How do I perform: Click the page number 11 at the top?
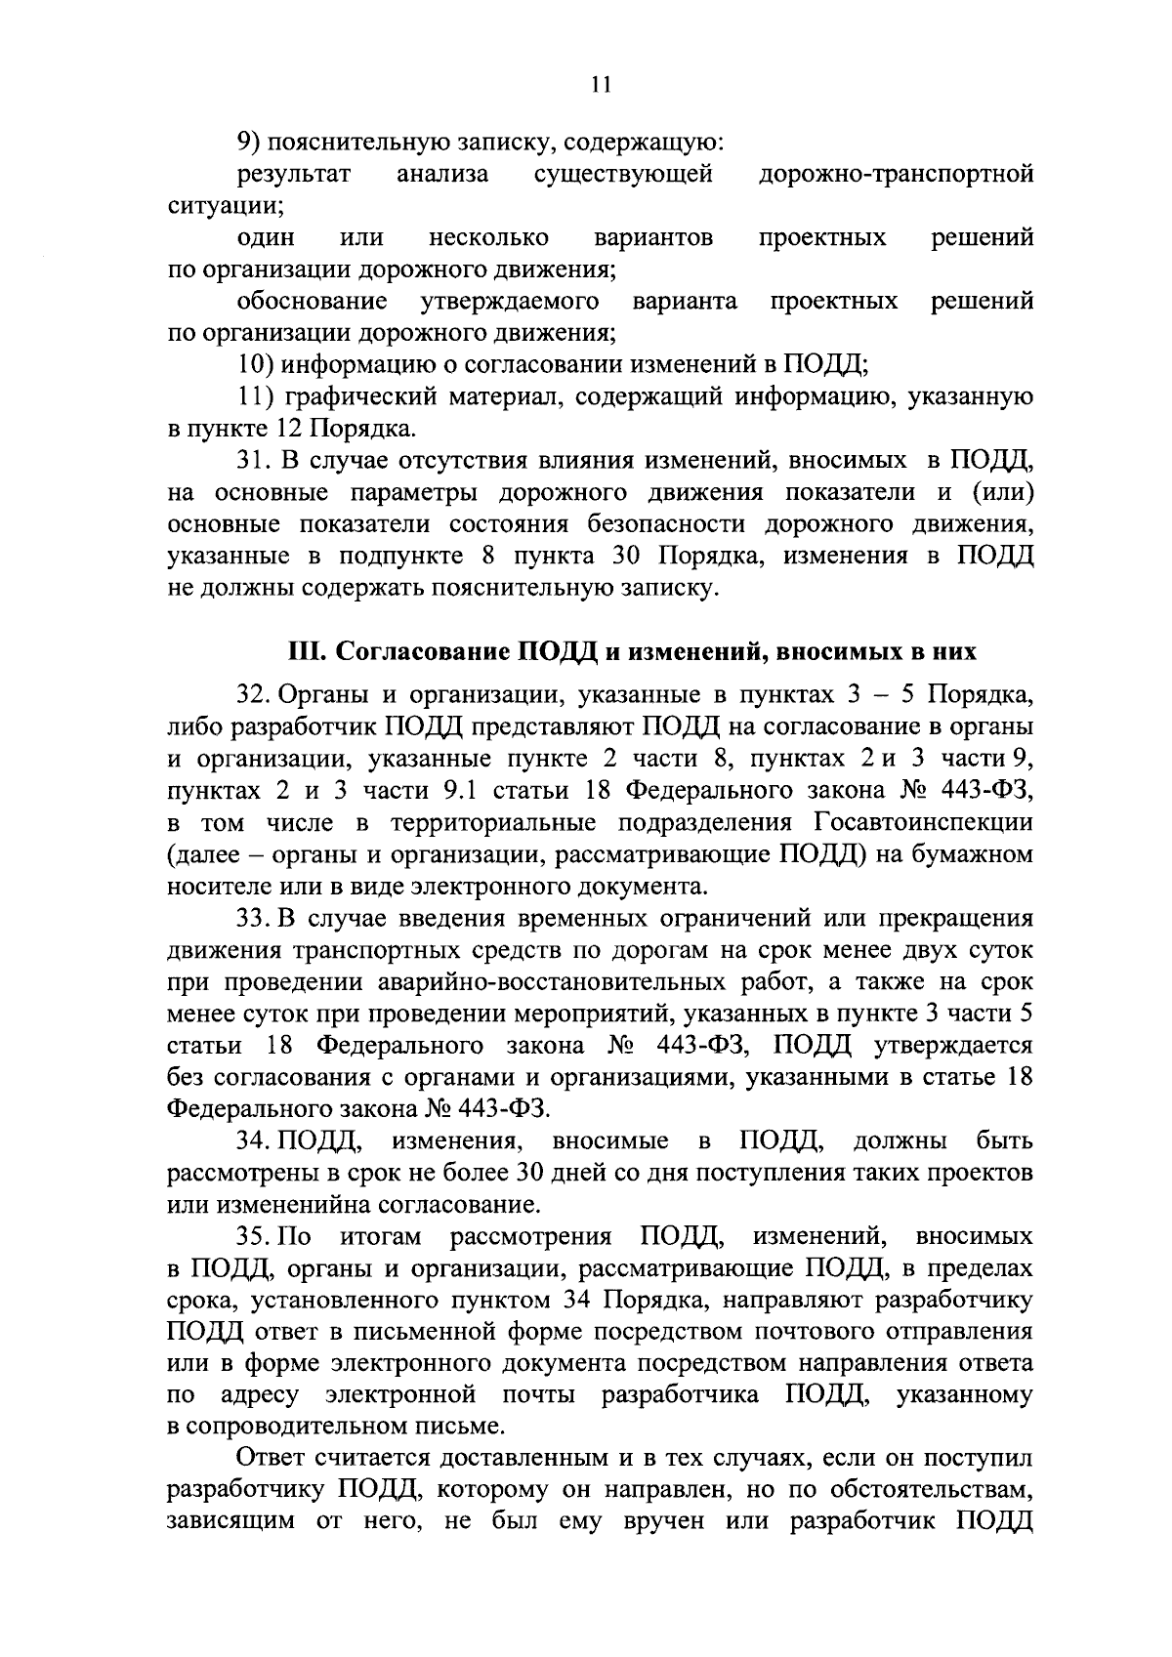click(x=601, y=86)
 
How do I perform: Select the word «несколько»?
click(x=487, y=237)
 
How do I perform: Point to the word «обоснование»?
click(x=312, y=301)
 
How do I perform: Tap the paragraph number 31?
click(x=254, y=460)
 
